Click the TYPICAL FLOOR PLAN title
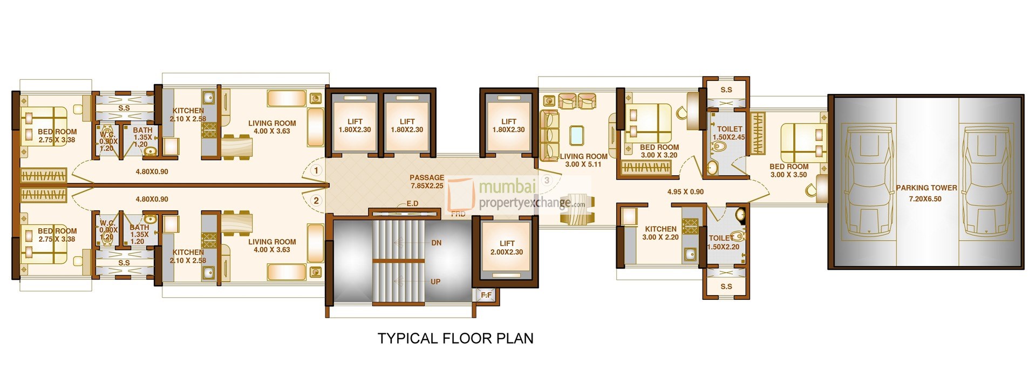pos(455,338)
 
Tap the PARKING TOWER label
pos(926,193)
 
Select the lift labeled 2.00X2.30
pos(506,248)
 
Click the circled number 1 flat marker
pos(316,170)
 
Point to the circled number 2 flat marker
pos(316,201)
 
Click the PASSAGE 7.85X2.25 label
pos(426,181)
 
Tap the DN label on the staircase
pos(436,243)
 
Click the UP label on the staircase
pos(435,282)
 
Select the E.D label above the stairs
pos(412,203)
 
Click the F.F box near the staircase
pos(486,295)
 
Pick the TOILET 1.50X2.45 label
pos(730,133)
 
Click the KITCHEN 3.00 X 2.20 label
pos(660,233)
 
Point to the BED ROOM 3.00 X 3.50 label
pos(788,170)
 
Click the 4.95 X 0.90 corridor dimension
pos(685,191)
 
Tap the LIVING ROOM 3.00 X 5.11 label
pos(583,160)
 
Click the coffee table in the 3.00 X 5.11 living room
pos(576,135)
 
